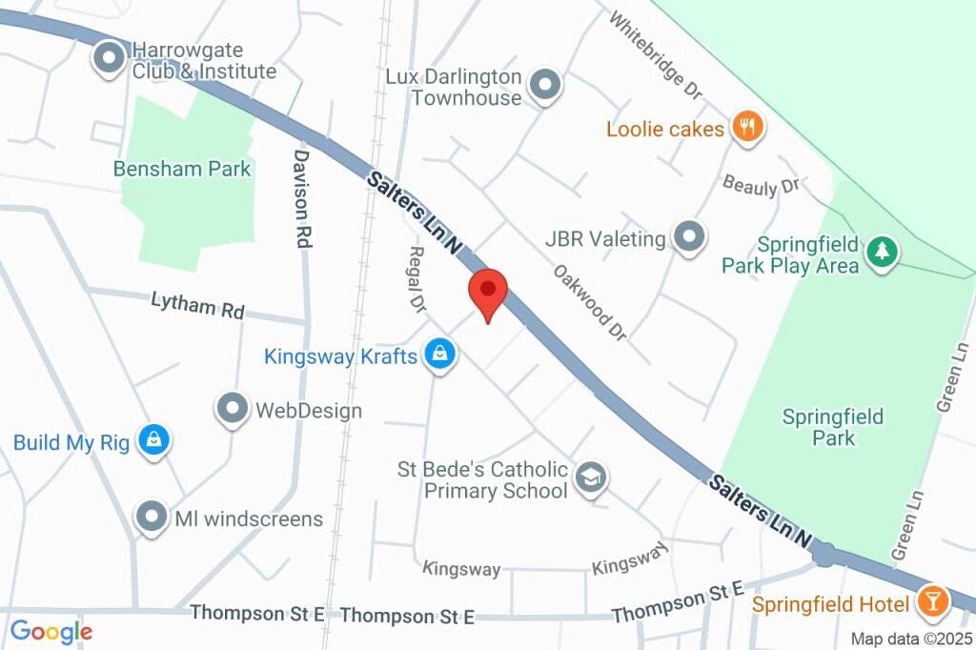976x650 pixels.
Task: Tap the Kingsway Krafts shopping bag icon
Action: [x=439, y=355]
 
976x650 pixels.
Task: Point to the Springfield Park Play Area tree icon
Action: [x=883, y=253]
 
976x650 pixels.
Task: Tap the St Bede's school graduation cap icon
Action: [x=593, y=478]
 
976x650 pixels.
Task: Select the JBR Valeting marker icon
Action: [x=688, y=236]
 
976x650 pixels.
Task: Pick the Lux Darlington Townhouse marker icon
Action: [x=545, y=86]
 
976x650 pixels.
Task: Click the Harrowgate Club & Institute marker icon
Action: [x=110, y=58]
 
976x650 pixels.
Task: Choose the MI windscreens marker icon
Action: [x=151, y=518]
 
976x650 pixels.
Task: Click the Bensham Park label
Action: [x=182, y=169]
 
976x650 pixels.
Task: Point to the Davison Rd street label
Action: [x=302, y=198]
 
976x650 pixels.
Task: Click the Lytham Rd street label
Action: [x=197, y=306]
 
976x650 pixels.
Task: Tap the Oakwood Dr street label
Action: [x=590, y=303]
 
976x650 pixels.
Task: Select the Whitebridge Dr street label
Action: [x=655, y=55]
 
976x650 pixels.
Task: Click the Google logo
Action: [x=51, y=631]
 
